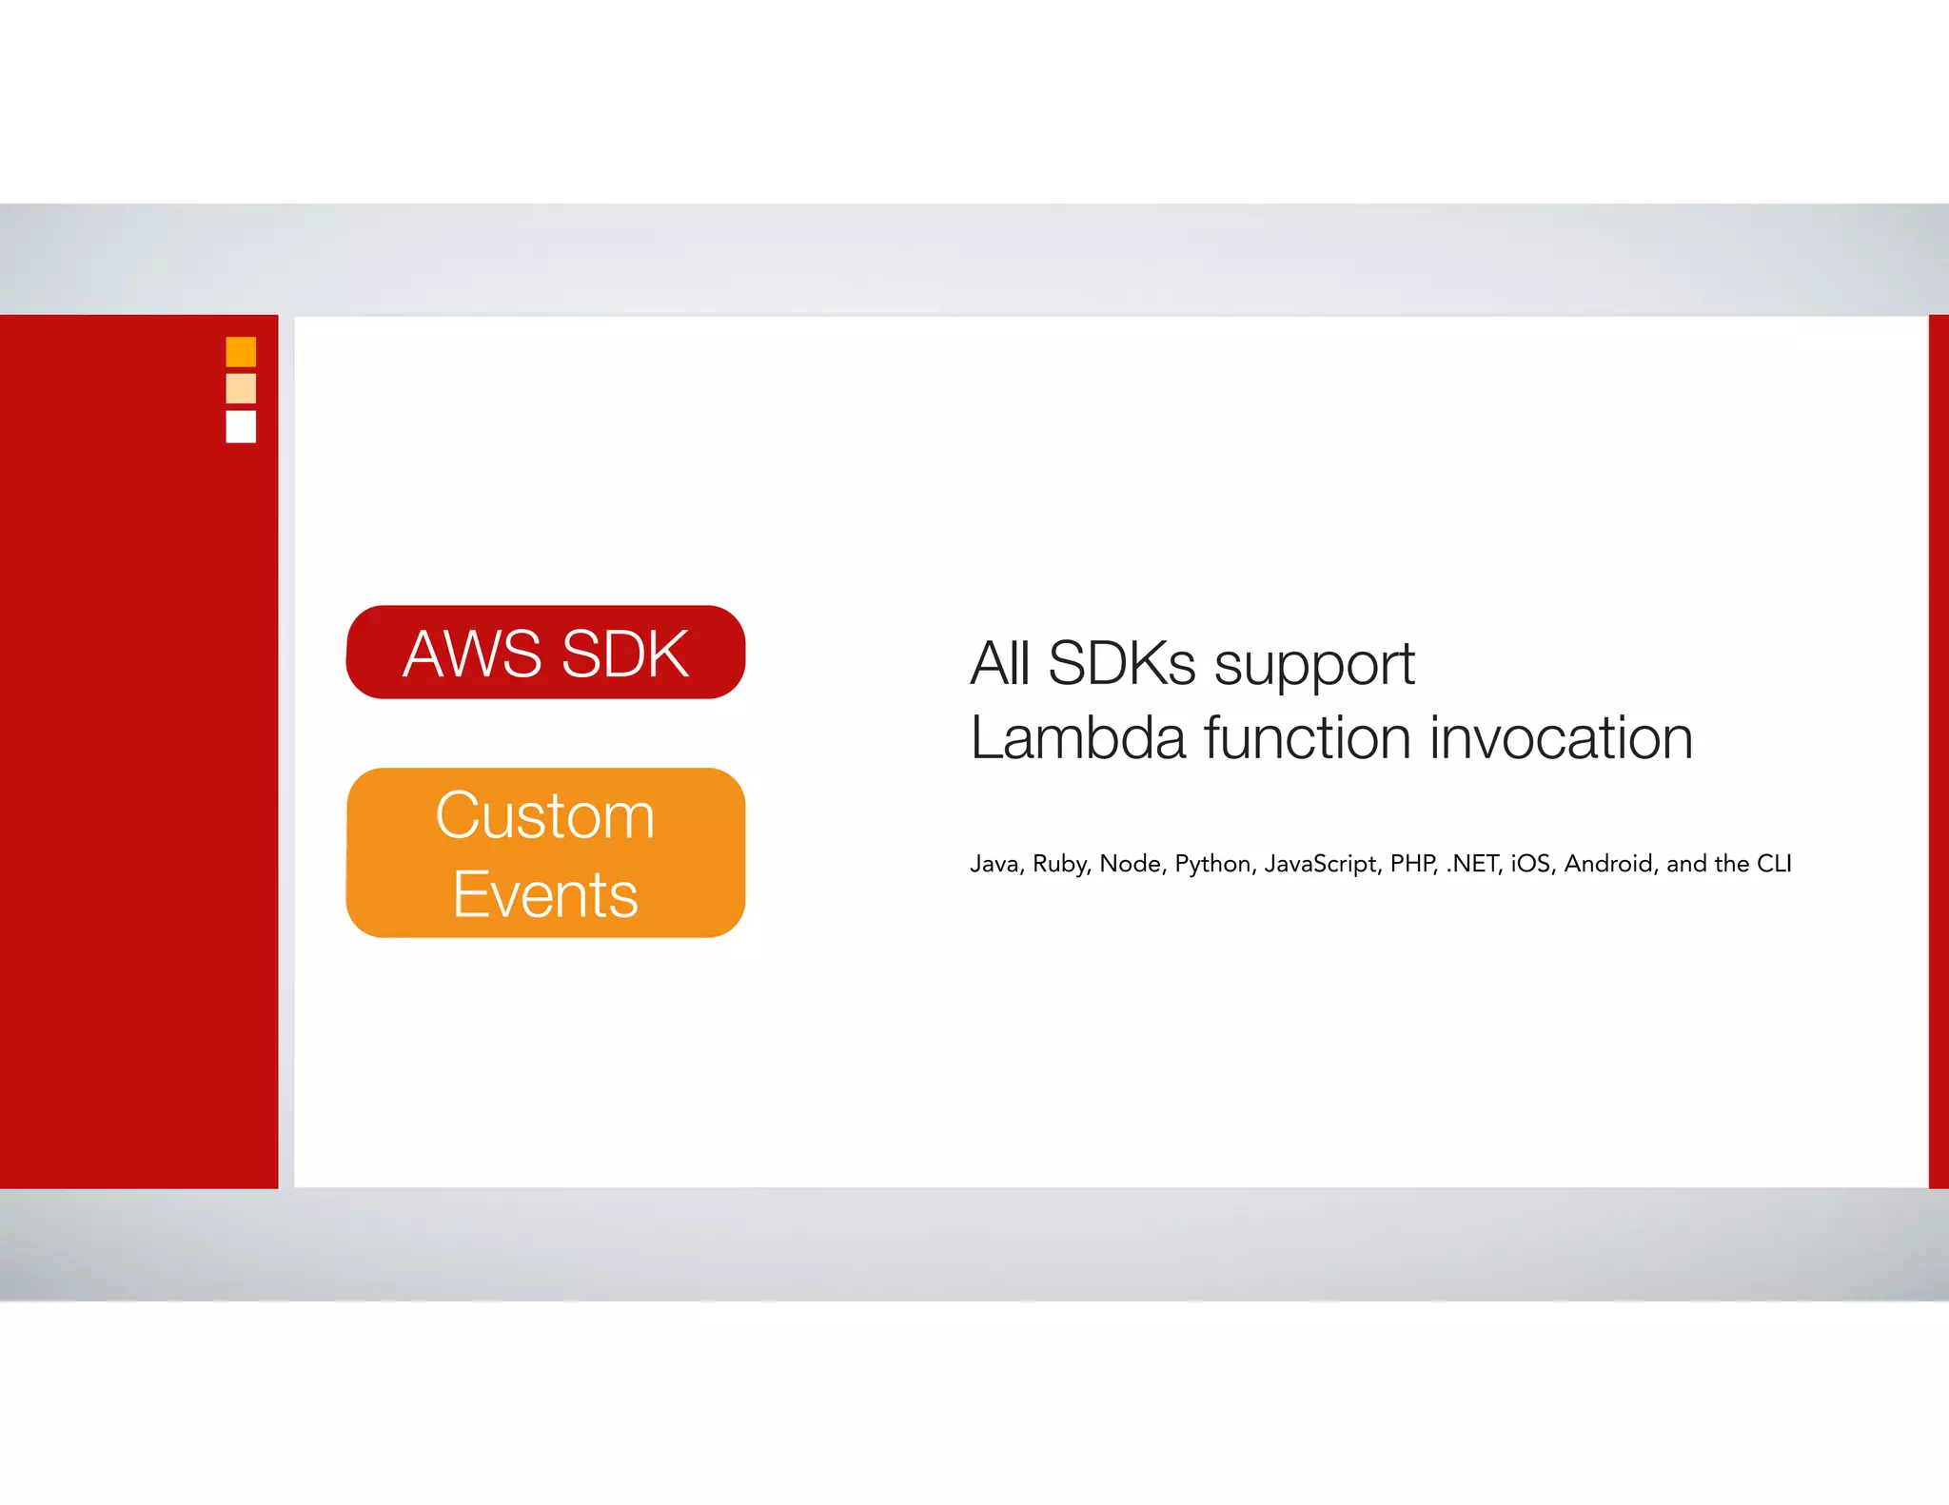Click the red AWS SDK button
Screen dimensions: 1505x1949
(545, 653)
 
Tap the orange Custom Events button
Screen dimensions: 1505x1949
(545, 852)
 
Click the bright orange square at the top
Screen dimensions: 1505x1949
(241, 352)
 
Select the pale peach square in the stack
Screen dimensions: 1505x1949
(241, 388)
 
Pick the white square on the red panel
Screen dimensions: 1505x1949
(241, 426)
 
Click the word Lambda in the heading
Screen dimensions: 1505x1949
(1078, 738)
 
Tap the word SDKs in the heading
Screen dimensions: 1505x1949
(1121, 663)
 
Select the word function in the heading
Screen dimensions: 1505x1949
(1308, 738)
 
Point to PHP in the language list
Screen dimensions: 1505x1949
(1413, 864)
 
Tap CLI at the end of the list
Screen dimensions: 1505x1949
(1774, 864)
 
